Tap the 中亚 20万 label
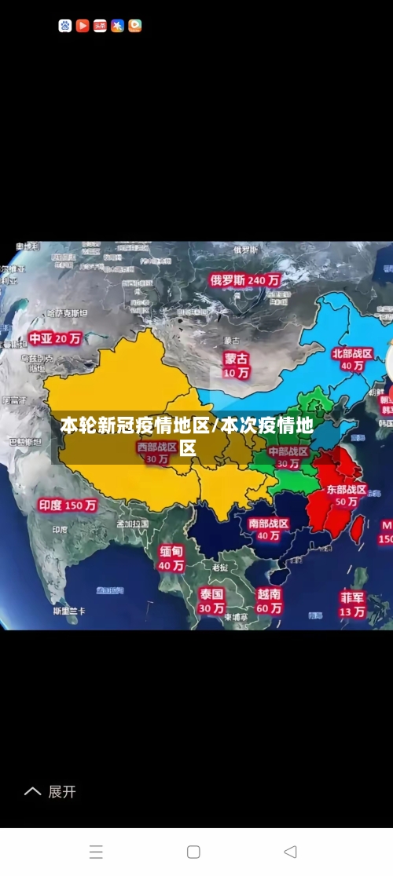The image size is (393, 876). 55,338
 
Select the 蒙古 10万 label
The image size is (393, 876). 236,365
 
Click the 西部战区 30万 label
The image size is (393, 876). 156,453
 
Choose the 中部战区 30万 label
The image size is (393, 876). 288,458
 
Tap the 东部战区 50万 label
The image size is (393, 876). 346,495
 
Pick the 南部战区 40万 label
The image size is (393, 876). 268,529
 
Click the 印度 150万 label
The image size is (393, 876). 68,506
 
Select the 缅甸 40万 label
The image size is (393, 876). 171,557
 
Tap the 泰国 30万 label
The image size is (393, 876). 211,600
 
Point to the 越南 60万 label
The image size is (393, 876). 269,600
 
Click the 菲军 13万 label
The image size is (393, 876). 352,603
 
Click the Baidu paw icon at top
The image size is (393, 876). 65,26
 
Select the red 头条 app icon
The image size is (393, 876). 100,26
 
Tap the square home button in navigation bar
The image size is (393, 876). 193,852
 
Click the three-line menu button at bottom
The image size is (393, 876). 96,852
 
